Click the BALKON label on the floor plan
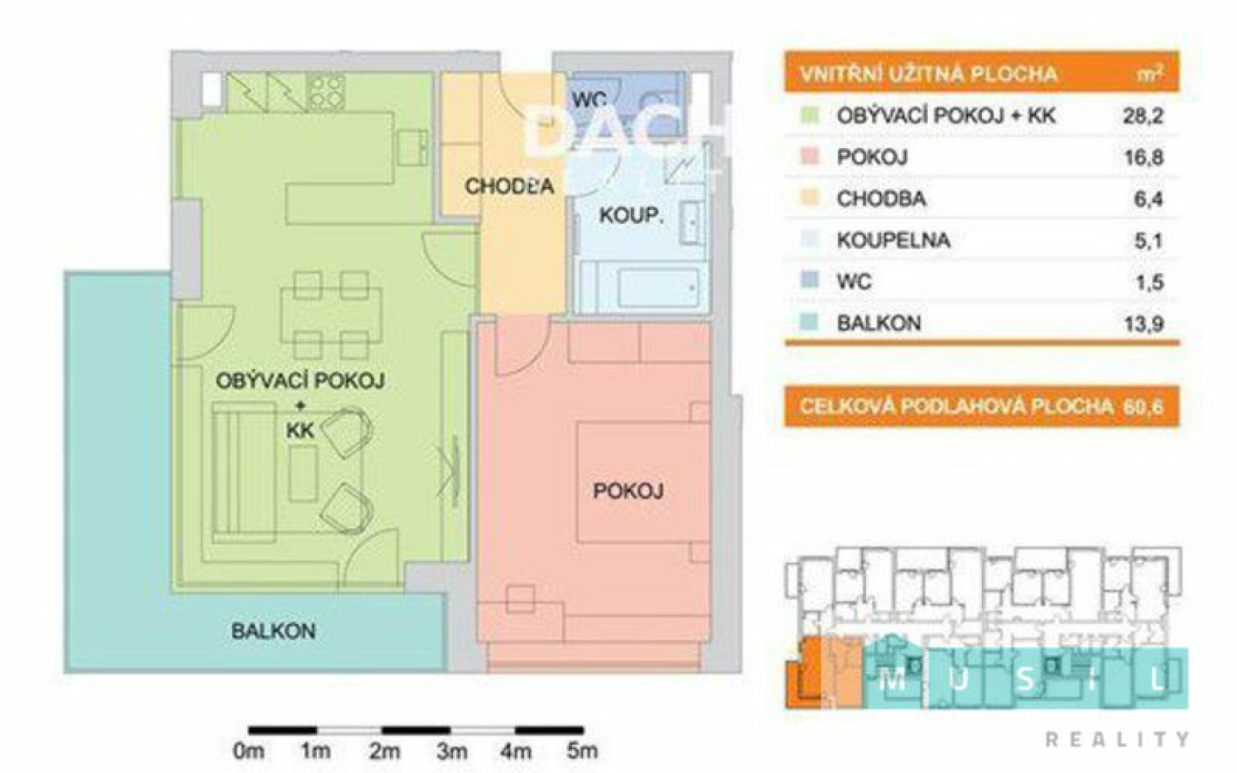coord(273,631)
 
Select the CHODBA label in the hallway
coord(509,186)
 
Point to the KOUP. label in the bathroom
coord(631,215)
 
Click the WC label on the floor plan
coord(590,100)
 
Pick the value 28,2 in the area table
coord(1144,117)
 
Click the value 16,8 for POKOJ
coord(1144,158)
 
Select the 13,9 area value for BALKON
coord(1144,323)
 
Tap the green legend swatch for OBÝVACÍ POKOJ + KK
coord(811,116)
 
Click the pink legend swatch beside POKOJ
coord(811,157)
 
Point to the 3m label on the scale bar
coord(452,750)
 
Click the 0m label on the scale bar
coord(249,750)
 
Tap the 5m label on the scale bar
coord(582,750)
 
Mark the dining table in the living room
coord(331,316)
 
